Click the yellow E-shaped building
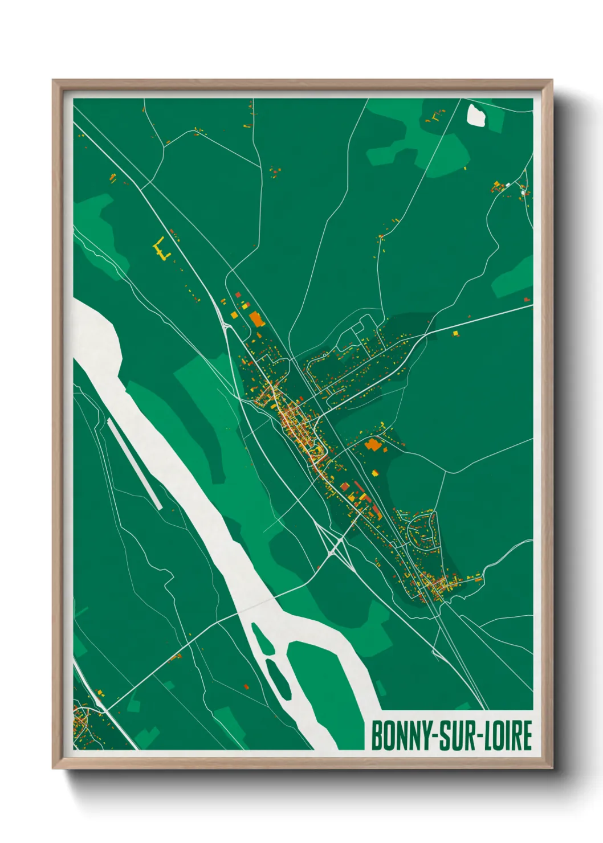pos(162,249)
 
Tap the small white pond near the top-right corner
pos(476,115)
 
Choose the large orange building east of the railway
pos(373,444)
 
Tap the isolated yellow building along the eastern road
pos(455,333)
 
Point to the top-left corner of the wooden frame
pos(54,81)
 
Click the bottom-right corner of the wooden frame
pos(551,767)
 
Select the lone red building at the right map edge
pos(527,298)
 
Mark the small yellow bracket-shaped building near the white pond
pos(434,118)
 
